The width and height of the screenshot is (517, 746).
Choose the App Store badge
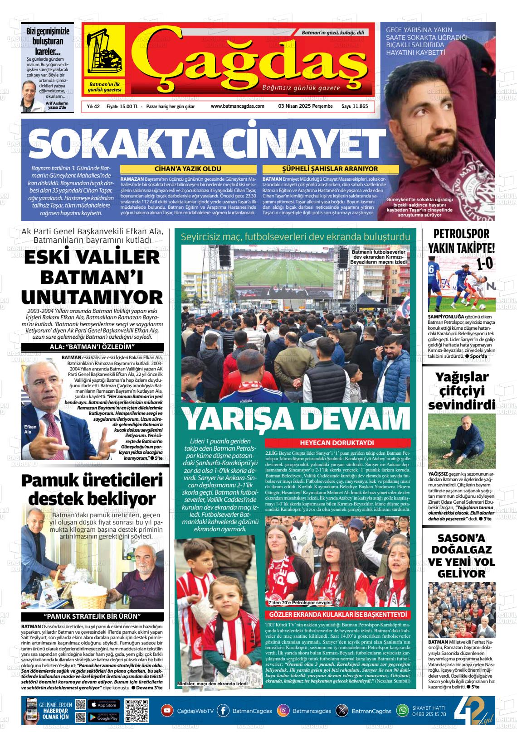point(103,705)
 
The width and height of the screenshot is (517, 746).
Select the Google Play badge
point(103,717)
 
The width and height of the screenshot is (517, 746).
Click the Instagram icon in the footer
point(283,711)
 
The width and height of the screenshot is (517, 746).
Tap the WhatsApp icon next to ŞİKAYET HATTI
point(402,711)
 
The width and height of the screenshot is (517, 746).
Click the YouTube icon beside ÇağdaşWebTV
point(167,711)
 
